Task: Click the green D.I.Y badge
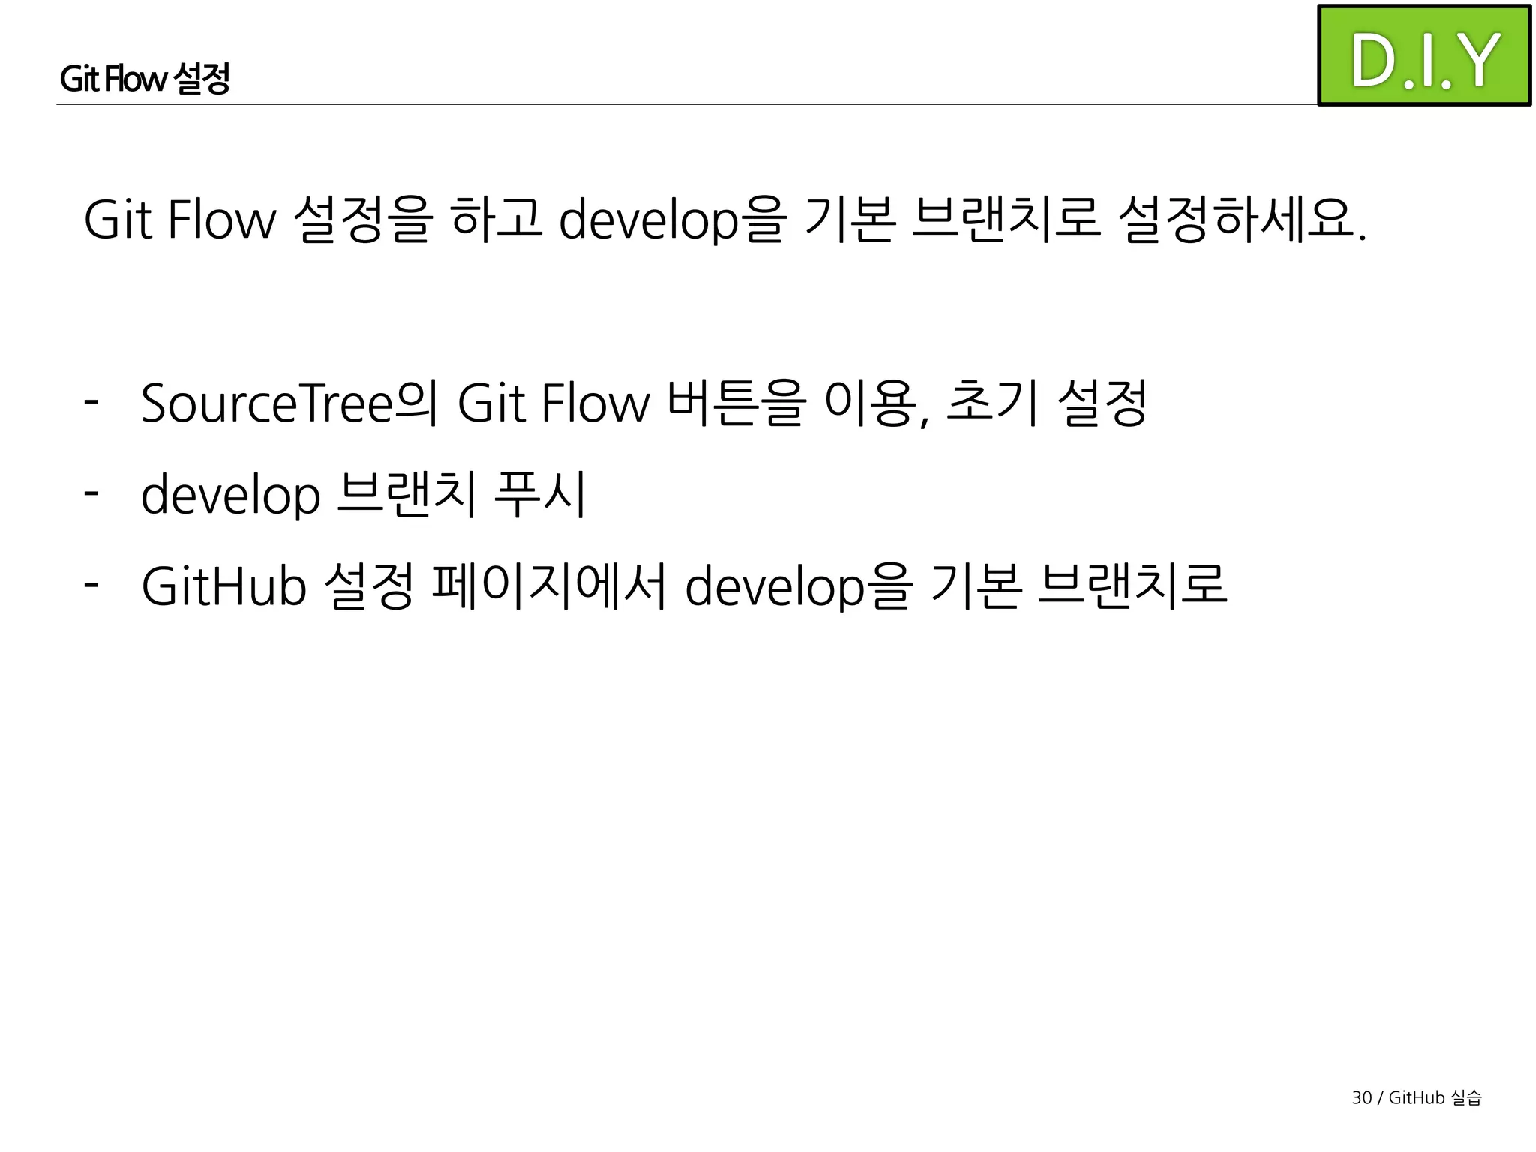1423,56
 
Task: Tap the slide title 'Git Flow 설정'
145,78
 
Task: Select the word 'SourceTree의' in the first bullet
289,403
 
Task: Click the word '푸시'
540,495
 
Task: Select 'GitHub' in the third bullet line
223,586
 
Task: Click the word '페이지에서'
549,586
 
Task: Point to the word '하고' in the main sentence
496,220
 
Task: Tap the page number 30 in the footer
1361,1098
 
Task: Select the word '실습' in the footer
1466,1098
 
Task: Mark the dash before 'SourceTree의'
91,401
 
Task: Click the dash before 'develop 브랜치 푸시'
91,493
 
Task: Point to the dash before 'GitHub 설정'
91,584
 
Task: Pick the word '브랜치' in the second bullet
406,495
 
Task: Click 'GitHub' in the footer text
1417,1098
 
